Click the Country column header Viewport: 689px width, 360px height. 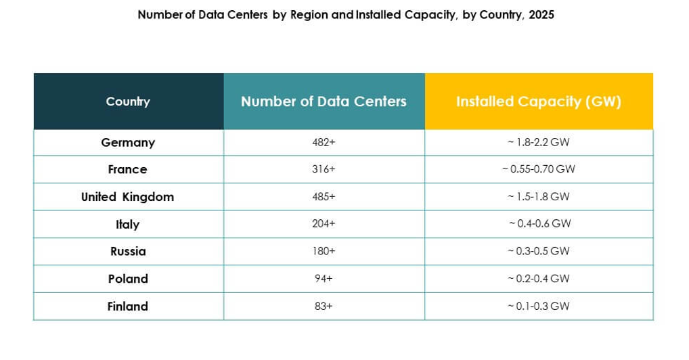[x=128, y=102]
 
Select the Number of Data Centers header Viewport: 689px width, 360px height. [x=324, y=102]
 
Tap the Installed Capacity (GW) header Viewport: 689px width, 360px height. [x=538, y=102]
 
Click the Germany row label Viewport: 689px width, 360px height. [x=128, y=143]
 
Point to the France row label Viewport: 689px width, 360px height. [x=127, y=170]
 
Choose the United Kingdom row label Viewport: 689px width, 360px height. [x=127, y=197]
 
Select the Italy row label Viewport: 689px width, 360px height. [x=127, y=224]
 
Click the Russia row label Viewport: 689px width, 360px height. [x=128, y=251]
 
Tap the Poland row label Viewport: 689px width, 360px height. [x=128, y=279]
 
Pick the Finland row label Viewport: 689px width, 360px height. [x=127, y=306]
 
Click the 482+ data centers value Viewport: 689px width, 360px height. [x=324, y=143]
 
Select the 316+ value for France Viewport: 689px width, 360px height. [x=324, y=170]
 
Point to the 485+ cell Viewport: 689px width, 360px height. [x=324, y=197]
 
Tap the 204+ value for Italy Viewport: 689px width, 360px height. [x=324, y=224]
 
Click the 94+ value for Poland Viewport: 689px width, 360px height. [x=324, y=279]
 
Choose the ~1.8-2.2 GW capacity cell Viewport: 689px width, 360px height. [x=538, y=143]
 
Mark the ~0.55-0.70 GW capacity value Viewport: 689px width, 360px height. [x=538, y=170]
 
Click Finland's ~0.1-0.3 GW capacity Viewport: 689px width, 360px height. [x=538, y=306]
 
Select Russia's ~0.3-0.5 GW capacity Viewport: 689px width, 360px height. [x=538, y=251]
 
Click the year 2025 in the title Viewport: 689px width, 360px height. [x=541, y=15]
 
